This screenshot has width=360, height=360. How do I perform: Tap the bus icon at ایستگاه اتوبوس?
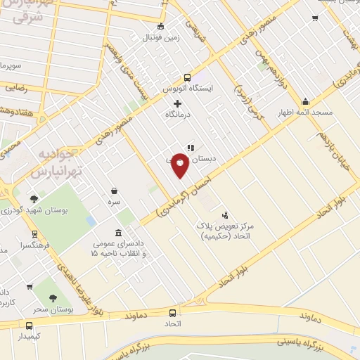187,78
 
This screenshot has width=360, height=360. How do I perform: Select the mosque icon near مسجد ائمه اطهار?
304,101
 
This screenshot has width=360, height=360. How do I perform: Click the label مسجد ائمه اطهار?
304,112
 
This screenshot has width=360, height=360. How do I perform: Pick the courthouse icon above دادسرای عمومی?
119,232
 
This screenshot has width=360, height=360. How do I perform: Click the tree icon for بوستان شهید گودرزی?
34,200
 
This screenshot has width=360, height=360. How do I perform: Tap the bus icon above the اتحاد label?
172,313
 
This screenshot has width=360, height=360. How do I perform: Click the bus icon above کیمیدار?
29,326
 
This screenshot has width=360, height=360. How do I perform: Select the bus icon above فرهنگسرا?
34,235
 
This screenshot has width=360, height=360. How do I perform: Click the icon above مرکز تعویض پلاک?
225,215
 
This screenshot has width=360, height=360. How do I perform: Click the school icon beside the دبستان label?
190,148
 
